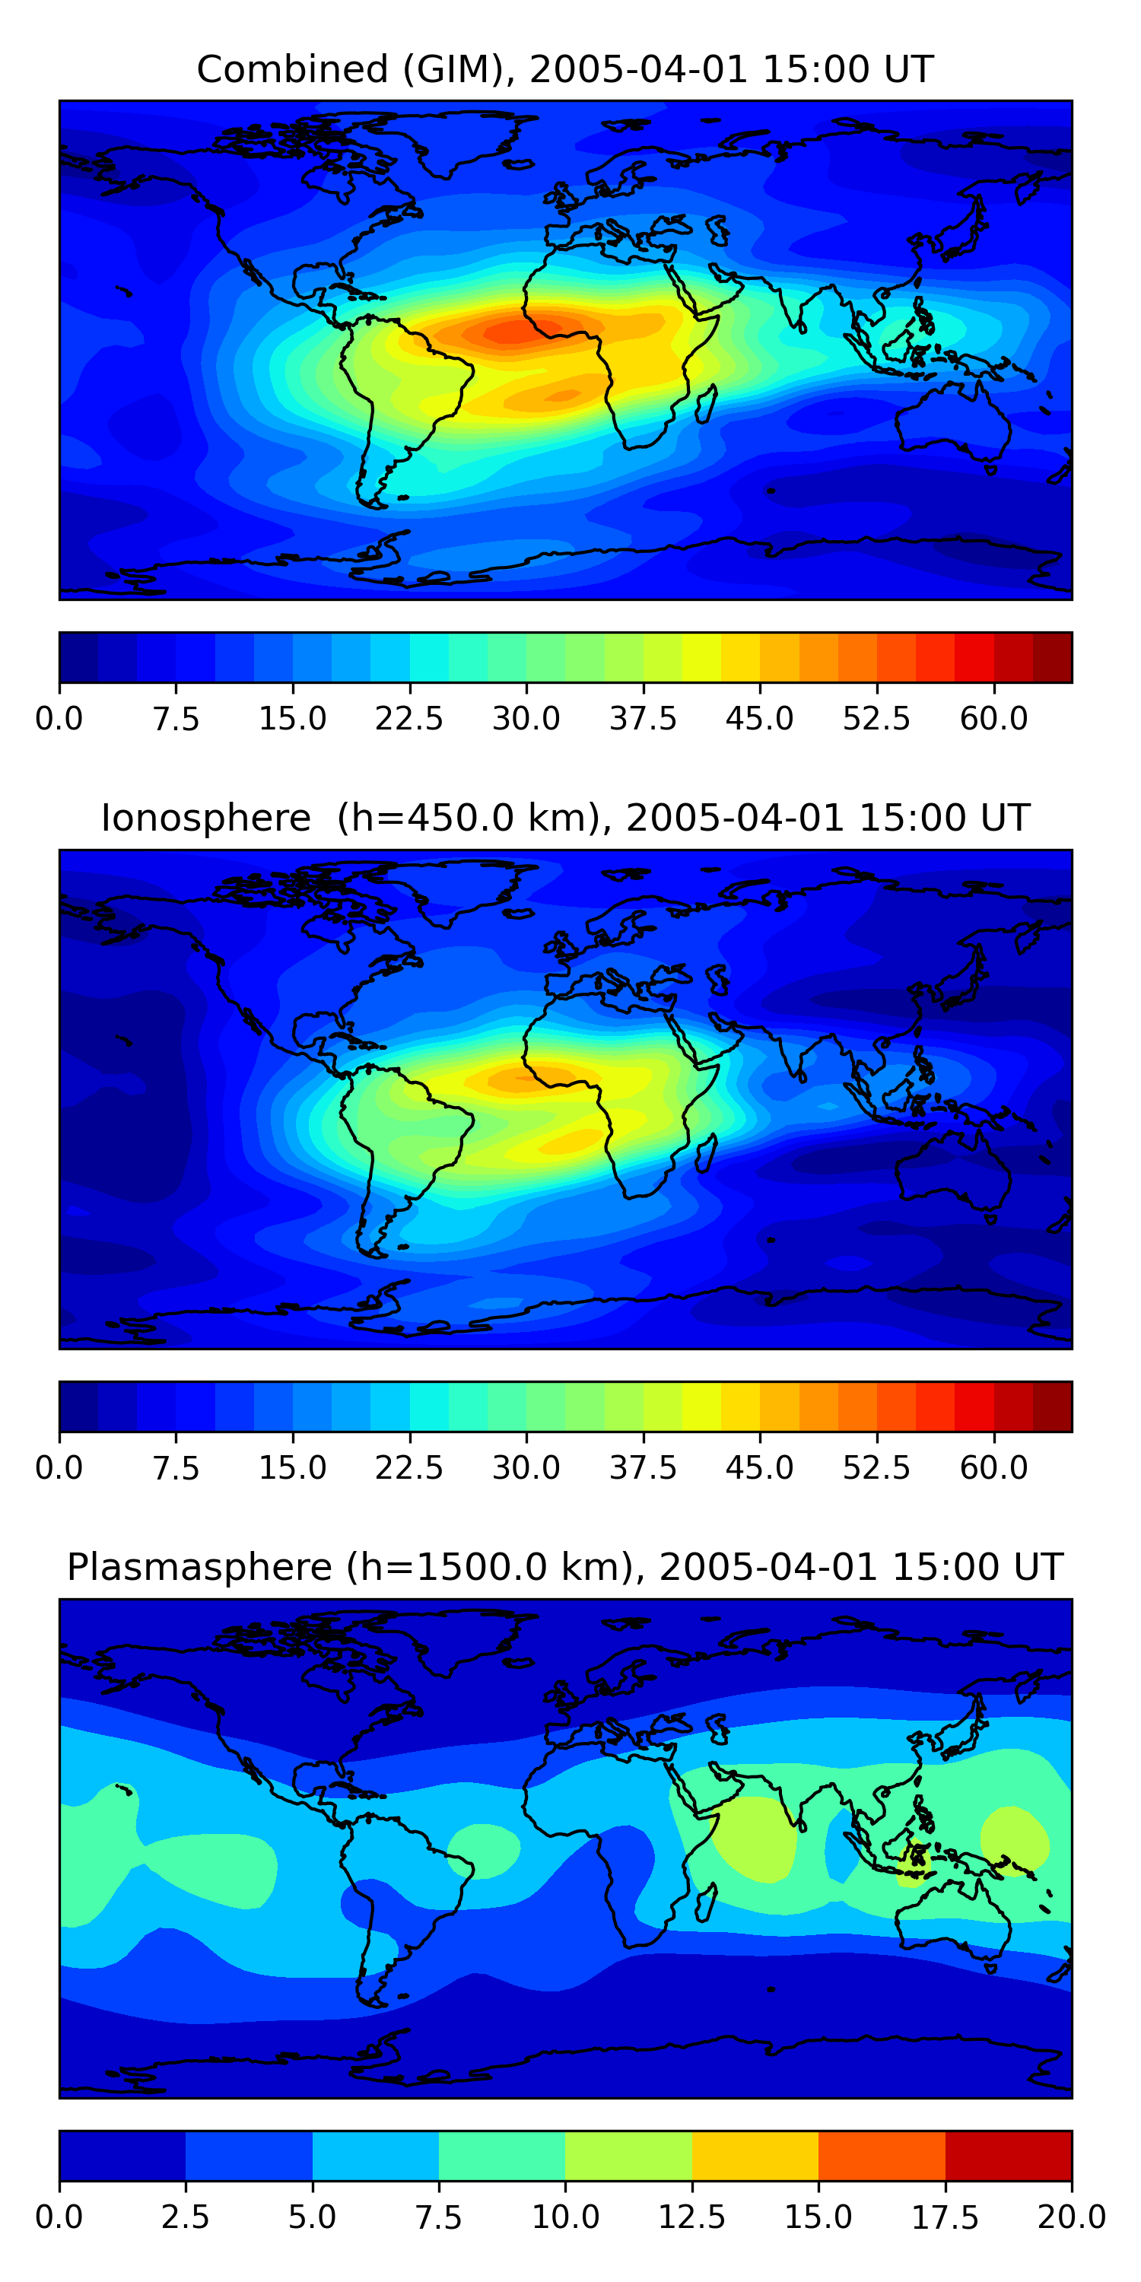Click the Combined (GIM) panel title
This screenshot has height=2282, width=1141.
click(x=565, y=69)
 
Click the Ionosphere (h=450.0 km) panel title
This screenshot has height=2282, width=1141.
click(x=565, y=818)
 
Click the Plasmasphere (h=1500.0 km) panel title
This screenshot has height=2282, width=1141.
click(x=565, y=1566)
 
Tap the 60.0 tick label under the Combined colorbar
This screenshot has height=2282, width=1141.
click(x=993, y=718)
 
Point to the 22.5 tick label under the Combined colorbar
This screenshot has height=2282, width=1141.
click(x=409, y=718)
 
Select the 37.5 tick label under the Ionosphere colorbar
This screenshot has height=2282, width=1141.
click(x=642, y=1467)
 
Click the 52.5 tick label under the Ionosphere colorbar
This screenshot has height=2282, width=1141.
click(x=876, y=1467)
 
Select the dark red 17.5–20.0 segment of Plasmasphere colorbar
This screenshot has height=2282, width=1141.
click(x=1008, y=2155)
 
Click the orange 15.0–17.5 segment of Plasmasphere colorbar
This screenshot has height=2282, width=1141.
click(x=882, y=2155)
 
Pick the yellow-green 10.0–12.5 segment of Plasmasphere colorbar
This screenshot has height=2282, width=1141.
click(x=628, y=2155)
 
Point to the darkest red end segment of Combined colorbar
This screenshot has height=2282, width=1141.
click(x=1053, y=657)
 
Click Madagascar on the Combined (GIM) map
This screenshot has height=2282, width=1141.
click(x=705, y=404)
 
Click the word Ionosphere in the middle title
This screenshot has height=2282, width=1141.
click(x=205, y=818)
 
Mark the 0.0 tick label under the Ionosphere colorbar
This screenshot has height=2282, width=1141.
click(x=59, y=1467)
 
